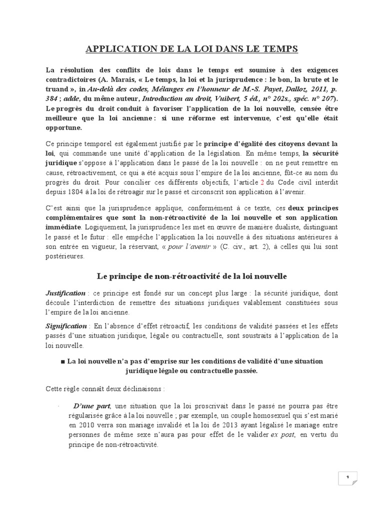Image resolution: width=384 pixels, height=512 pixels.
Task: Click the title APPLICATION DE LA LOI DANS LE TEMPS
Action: click(192, 48)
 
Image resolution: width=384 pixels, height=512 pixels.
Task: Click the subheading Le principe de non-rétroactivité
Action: click(191, 275)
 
